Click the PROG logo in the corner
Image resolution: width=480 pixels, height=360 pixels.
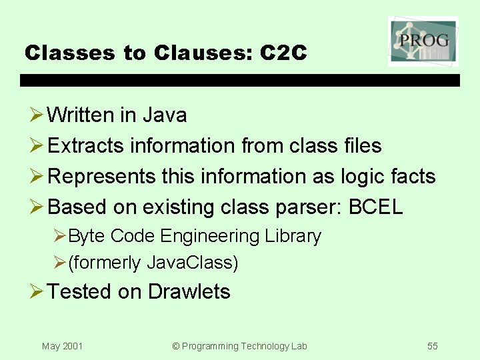tap(423, 41)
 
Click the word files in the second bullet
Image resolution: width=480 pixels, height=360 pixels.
tap(362, 145)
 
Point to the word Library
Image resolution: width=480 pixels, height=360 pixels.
tap(293, 236)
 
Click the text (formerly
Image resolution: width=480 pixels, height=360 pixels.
tap(105, 263)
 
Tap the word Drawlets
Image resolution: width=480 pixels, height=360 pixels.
tap(189, 292)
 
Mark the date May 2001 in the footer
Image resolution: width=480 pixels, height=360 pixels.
tap(62, 346)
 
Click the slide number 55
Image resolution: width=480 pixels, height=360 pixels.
tap(433, 346)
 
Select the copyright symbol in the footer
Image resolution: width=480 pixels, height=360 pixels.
tap(176, 346)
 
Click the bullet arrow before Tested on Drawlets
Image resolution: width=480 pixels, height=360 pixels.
tap(36, 292)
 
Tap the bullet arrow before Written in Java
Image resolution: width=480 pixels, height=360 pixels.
tap(36, 115)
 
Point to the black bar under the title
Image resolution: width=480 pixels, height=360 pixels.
tap(240, 80)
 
